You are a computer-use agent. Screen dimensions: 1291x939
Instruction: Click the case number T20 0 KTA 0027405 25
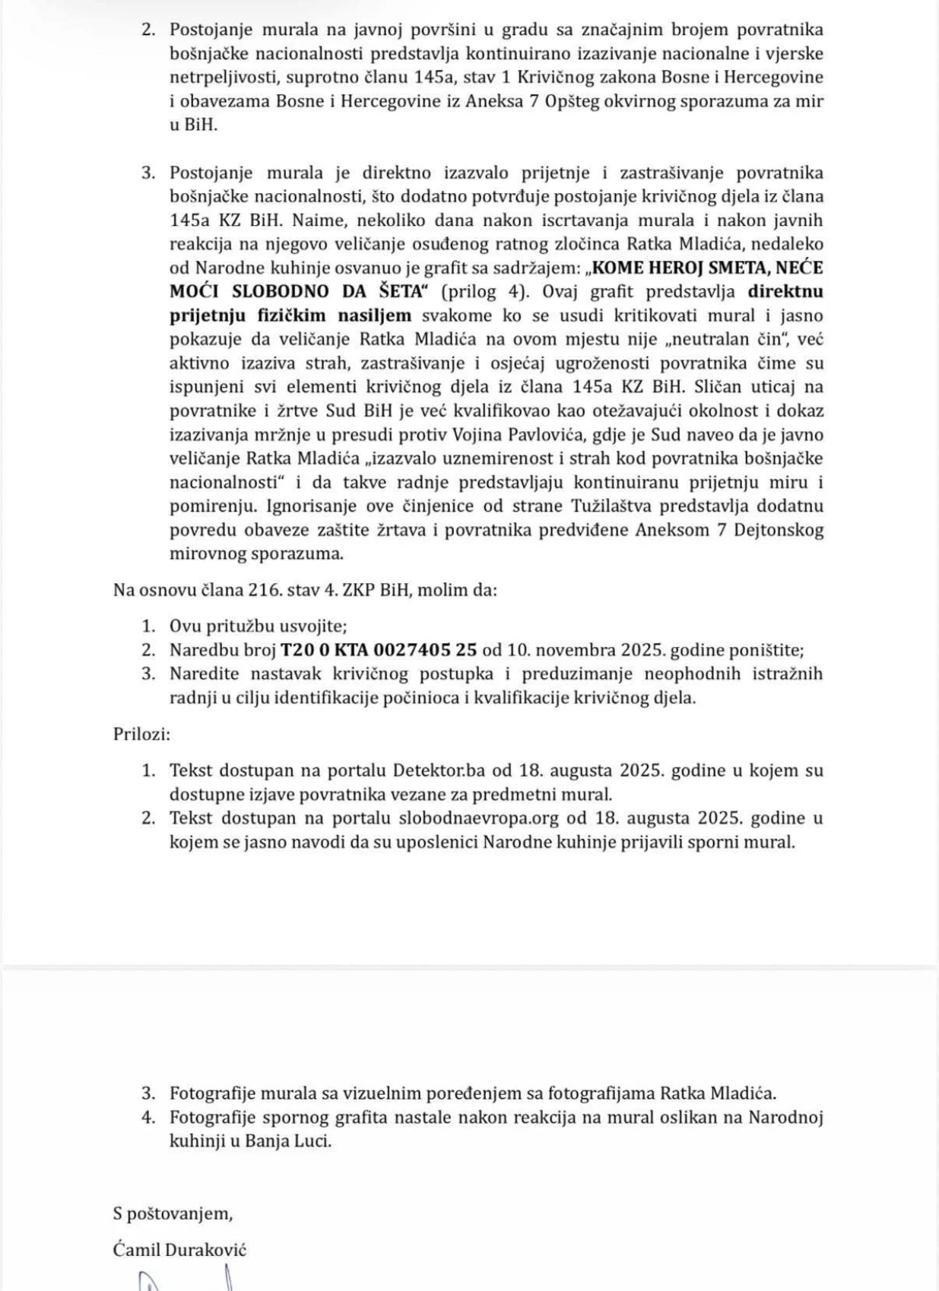pyautogui.click(x=379, y=650)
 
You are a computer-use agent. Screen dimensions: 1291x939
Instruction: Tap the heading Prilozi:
pyautogui.click(x=142, y=734)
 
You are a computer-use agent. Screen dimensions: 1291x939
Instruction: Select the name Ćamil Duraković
pyautogui.click(x=179, y=1249)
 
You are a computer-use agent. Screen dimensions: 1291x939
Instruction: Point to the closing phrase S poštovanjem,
pyautogui.click(x=173, y=1213)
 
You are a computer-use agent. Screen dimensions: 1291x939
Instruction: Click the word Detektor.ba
pyautogui.click(x=439, y=770)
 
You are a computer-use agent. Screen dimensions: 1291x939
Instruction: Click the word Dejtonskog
pyautogui.click(x=779, y=530)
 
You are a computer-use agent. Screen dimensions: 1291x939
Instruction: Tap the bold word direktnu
pyautogui.click(x=785, y=291)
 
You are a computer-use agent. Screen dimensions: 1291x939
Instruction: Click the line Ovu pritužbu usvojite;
pyautogui.click(x=258, y=626)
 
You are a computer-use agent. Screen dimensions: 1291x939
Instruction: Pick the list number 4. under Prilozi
pyautogui.click(x=148, y=1118)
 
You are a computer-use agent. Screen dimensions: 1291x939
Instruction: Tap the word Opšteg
pyautogui.click(x=573, y=101)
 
